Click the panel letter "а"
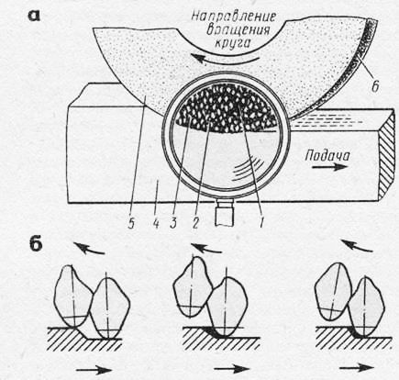[x=34, y=17]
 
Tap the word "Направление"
[x=234, y=17]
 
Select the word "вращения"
[x=238, y=30]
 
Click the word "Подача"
[x=327, y=156]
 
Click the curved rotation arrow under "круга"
[x=227, y=59]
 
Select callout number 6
[x=375, y=86]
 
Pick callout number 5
[x=131, y=224]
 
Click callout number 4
[x=156, y=224]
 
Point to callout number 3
[x=174, y=224]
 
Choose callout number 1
[x=260, y=223]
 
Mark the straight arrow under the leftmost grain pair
[x=94, y=370]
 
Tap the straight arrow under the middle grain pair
[x=232, y=369]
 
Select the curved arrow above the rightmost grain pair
[x=357, y=246]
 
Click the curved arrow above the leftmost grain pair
[x=89, y=248]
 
